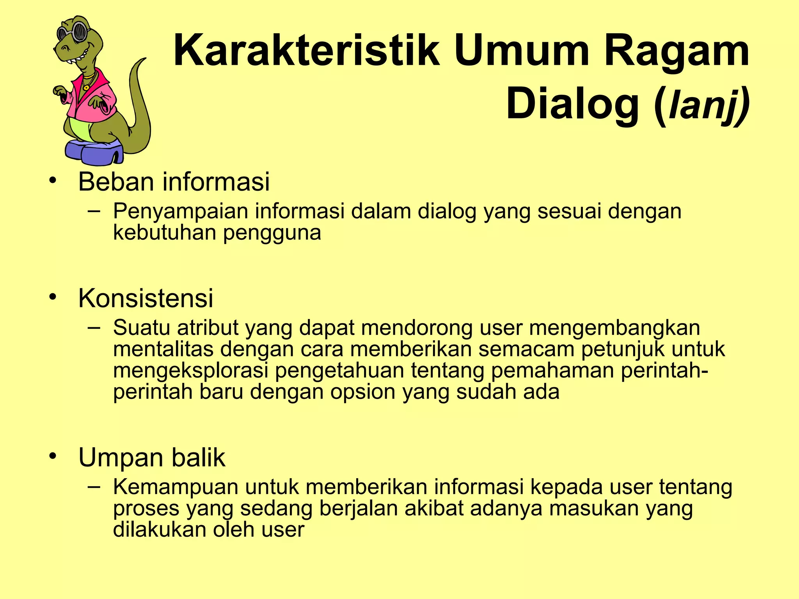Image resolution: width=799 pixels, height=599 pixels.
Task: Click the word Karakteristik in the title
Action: point(306,51)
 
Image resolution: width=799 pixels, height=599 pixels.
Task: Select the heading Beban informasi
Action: point(174,182)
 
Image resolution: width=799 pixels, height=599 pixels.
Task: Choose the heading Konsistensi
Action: point(146,298)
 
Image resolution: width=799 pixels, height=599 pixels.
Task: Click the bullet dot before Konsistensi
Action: point(53,298)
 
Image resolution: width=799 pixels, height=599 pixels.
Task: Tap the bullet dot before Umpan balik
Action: point(53,456)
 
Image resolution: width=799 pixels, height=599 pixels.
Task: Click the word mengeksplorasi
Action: point(191,370)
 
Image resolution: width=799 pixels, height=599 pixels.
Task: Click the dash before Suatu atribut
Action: point(94,328)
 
